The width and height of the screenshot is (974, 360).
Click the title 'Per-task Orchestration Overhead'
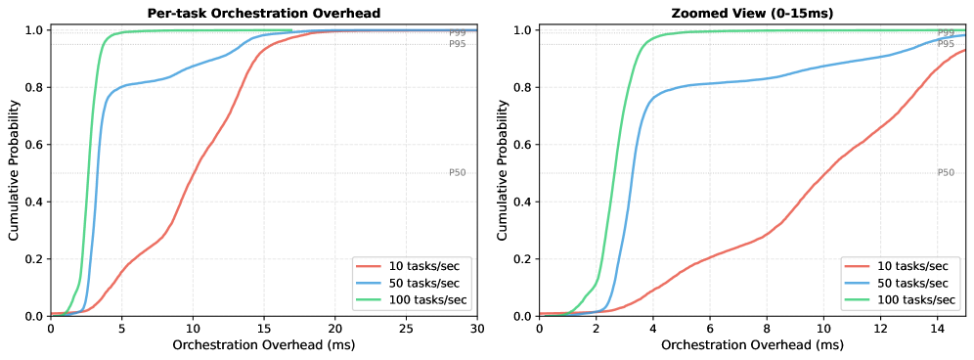click(263, 14)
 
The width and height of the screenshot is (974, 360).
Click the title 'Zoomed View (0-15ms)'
click(752, 14)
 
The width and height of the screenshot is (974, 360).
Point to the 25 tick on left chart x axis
click(406, 330)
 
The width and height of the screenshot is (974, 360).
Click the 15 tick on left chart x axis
click(264, 330)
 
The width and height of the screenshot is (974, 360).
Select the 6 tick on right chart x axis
click(710, 330)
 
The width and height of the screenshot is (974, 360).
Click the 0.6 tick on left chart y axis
click(34, 145)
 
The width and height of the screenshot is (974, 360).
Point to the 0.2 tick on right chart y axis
click(522, 259)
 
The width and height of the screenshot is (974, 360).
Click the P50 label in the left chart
click(458, 173)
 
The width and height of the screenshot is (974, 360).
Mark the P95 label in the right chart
click(946, 44)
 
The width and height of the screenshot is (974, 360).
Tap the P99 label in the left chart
click(458, 33)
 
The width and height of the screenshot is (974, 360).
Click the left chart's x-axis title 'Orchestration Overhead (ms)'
click(263, 346)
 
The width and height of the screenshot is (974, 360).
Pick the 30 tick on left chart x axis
click(477, 330)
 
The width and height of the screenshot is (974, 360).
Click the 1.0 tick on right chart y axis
click(522, 30)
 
